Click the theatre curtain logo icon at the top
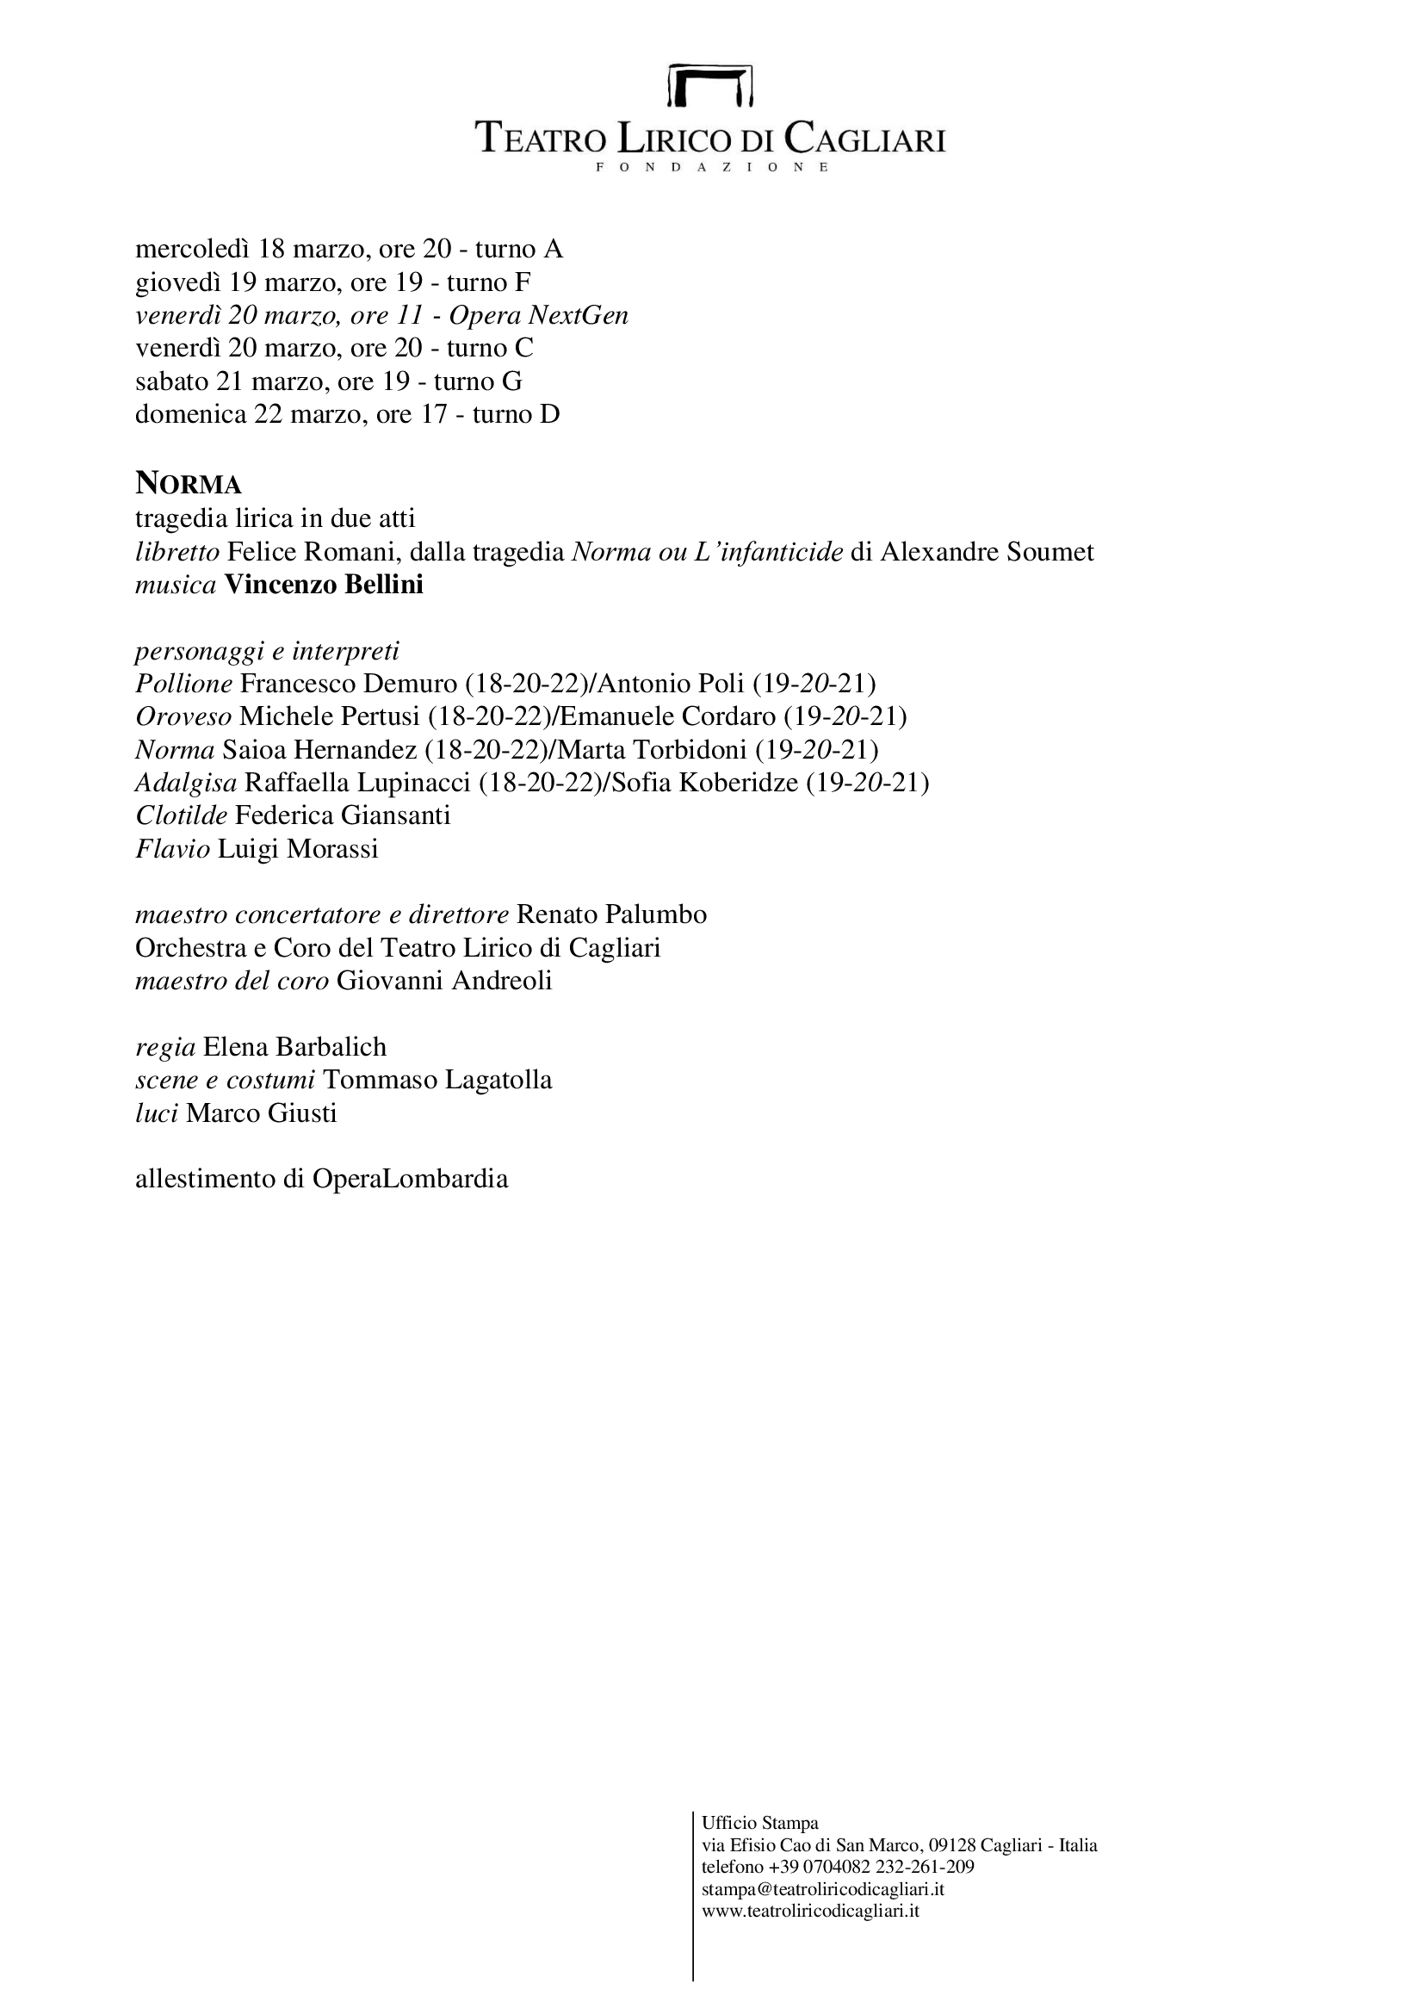coord(711,85)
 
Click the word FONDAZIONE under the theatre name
coord(711,167)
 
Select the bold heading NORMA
coord(189,484)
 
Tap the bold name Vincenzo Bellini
coord(324,585)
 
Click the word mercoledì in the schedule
coord(193,250)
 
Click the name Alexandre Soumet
coord(988,553)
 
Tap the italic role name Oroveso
coord(183,716)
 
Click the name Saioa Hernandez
coord(319,750)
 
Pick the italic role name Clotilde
coord(182,815)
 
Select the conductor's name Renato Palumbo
coord(611,915)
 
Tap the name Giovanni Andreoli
coord(443,981)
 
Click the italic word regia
coord(164,1047)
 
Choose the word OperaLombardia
coord(410,1179)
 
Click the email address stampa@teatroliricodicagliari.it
coord(822,1889)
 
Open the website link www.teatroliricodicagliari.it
coord(810,1911)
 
